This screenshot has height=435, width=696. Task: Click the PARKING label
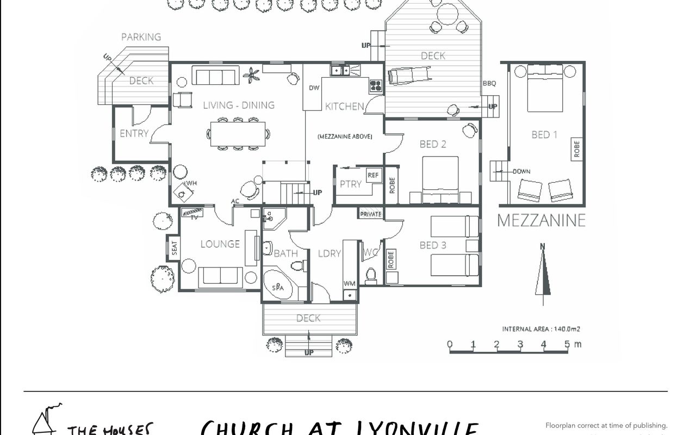click(141, 37)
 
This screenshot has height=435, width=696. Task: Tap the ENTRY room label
click(134, 133)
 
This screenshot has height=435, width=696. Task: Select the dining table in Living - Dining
click(238, 134)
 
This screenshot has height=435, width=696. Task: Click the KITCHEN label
click(344, 106)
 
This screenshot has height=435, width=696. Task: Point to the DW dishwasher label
click(314, 88)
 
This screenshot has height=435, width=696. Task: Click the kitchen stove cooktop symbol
click(376, 84)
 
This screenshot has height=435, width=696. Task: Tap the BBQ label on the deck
click(489, 83)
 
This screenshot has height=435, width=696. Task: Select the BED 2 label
click(433, 144)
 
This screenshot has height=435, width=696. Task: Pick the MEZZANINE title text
click(542, 220)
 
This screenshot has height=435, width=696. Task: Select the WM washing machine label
click(349, 284)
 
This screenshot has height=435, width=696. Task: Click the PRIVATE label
click(371, 214)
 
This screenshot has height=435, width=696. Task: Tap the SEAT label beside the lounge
click(175, 248)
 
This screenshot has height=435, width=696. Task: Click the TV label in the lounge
click(194, 217)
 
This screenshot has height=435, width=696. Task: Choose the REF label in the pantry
click(373, 175)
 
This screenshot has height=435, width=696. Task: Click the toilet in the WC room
click(371, 276)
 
